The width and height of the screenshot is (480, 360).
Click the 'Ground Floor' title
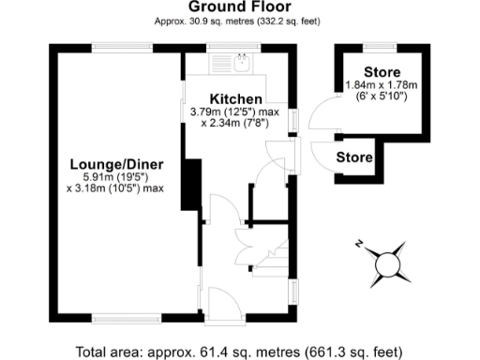pos(239,7)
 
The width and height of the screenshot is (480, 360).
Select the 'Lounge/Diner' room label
pos(115,165)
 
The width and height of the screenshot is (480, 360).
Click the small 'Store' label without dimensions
pos(353,157)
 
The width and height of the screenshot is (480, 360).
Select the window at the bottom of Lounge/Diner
pos(117,321)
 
